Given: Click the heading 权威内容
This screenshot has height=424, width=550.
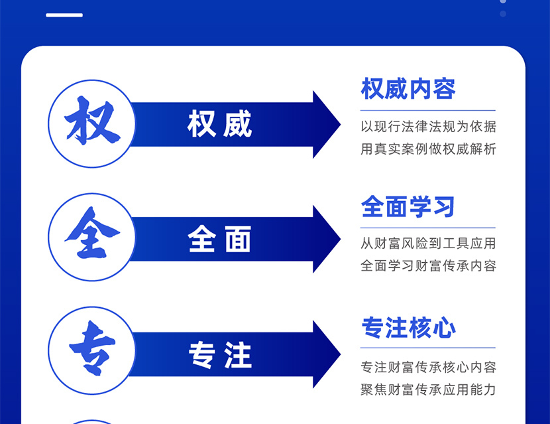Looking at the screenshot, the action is coord(408,88).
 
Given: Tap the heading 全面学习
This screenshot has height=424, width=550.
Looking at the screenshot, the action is coord(408,206).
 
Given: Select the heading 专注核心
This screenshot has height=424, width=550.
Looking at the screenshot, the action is coord(409,327).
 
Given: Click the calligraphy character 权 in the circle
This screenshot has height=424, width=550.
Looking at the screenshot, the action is coord(92,121).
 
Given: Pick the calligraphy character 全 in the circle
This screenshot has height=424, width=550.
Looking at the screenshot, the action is coord(92,232).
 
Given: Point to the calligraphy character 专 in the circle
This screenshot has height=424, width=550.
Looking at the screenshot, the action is coord(92,348).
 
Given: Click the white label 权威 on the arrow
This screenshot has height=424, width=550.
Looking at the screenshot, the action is coord(219,123).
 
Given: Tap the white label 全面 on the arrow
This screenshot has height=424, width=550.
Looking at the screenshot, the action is coord(219,239).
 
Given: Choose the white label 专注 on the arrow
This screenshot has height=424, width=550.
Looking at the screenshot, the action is coord(220,354).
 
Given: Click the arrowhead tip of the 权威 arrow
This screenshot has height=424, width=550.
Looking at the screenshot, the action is coord(340,124).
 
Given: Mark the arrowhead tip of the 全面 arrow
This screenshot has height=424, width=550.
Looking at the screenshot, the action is coord(340,240).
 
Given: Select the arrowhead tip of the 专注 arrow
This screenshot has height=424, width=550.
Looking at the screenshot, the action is coord(340,354).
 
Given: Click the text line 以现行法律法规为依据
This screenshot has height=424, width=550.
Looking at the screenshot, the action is coord(428,127).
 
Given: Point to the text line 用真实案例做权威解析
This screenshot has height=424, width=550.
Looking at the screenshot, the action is coord(428,149).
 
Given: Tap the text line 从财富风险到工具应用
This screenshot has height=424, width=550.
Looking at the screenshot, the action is coord(428,243).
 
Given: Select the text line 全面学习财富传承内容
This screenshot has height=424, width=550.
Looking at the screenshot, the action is coord(428,265).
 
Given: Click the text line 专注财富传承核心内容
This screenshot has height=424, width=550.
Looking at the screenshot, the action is coord(428,367).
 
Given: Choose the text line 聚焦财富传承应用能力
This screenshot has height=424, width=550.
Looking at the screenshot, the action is coord(428,389).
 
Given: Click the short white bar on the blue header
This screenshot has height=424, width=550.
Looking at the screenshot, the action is coord(64,15).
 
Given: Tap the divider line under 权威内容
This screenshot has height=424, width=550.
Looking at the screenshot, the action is coord(428,110).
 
